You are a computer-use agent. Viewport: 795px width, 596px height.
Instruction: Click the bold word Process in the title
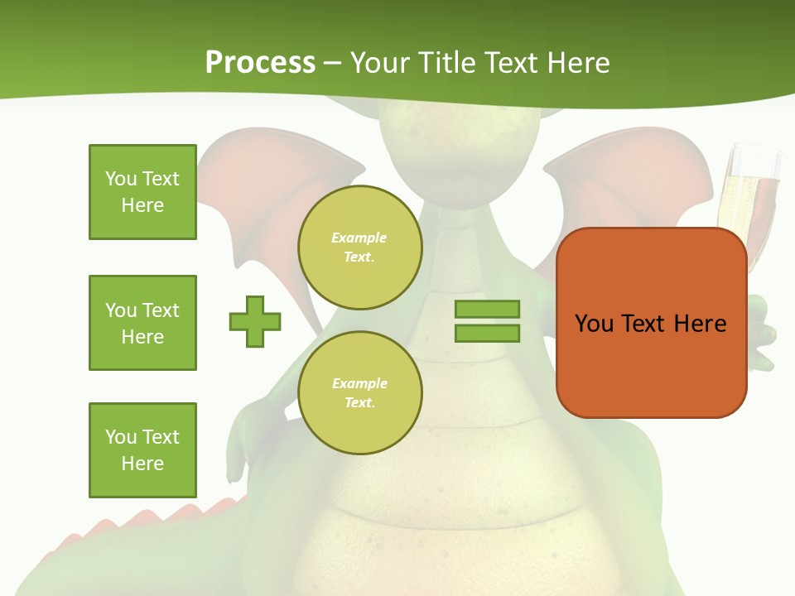click(x=260, y=63)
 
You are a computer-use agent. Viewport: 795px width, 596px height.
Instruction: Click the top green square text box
click(x=142, y=192)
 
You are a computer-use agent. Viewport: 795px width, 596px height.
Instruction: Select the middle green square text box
click(x=142, y=323)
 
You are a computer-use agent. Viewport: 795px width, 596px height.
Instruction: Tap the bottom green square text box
click(x=142, y=450)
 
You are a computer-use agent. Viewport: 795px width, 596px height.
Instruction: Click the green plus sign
click(x=255, y=321)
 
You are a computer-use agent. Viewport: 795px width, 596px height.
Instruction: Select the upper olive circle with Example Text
click(x=359, y=248)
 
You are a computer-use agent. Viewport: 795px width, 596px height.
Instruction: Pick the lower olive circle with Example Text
click(x=359, y=393)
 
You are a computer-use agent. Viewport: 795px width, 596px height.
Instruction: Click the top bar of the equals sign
click(x=487, y=309)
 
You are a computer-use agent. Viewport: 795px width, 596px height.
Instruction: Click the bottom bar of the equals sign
click(x=487, y=333)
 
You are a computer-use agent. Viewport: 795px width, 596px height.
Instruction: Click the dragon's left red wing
click(x=248, y=190)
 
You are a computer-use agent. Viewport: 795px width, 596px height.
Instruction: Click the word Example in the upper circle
click(x=359, y=238)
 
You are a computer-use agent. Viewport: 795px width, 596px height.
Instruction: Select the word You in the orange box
click(x=594, y=324)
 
